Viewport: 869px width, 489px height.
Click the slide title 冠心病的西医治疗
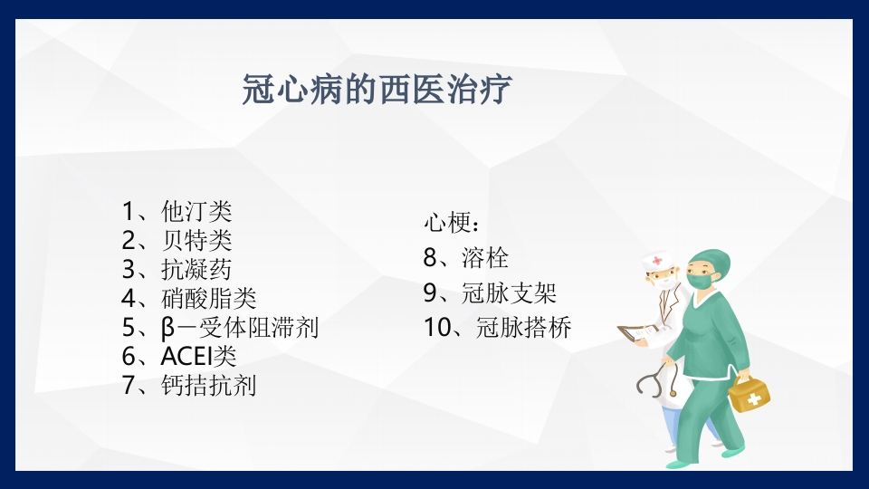click(377, 91)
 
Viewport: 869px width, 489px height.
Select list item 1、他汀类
click(177, 212)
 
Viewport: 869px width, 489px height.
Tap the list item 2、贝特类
click(177, 240)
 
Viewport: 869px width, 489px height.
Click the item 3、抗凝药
click(177, 269)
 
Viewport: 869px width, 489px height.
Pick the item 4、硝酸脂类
click(189, 298)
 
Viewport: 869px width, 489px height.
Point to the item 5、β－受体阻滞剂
click(220, 327)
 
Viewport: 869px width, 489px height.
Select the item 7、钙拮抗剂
click(189, 385)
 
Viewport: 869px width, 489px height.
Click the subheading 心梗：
click(453, 223)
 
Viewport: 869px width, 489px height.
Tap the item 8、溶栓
click(465, 257)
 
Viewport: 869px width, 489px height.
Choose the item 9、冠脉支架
click(490, 292)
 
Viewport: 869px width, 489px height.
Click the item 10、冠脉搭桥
click(497, 327)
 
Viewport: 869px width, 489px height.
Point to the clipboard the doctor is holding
click(639, 333)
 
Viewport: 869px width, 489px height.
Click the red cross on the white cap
click(656, 262)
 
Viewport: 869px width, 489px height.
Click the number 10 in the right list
click(437, 327)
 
